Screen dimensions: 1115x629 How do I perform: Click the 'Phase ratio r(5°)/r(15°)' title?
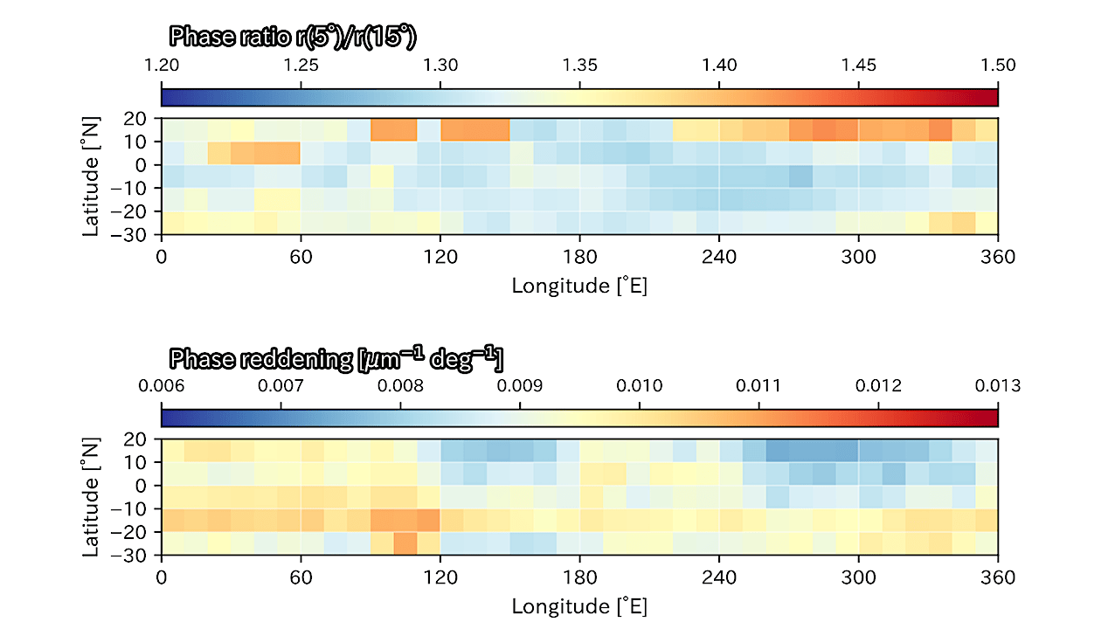293,37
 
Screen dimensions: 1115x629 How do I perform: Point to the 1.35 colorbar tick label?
579,66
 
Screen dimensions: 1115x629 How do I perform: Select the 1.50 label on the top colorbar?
998,66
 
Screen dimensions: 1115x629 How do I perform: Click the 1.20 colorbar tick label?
162,66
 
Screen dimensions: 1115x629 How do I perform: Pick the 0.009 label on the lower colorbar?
520,385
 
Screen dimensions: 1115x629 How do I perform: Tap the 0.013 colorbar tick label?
998,385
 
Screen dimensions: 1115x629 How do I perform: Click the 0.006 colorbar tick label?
162,385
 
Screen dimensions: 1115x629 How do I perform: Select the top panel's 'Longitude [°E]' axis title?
579,286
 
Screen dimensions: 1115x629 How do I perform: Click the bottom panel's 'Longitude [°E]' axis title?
579,606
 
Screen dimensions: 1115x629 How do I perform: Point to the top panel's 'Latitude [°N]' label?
91,176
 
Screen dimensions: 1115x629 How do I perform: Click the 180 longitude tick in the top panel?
579,257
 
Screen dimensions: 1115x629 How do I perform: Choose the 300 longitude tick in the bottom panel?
858,577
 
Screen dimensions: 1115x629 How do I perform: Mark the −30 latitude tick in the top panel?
128,234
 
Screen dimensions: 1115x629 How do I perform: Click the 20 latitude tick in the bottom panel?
135,439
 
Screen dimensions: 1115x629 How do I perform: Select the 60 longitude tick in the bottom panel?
301,577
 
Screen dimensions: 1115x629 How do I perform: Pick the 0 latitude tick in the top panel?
141,165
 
